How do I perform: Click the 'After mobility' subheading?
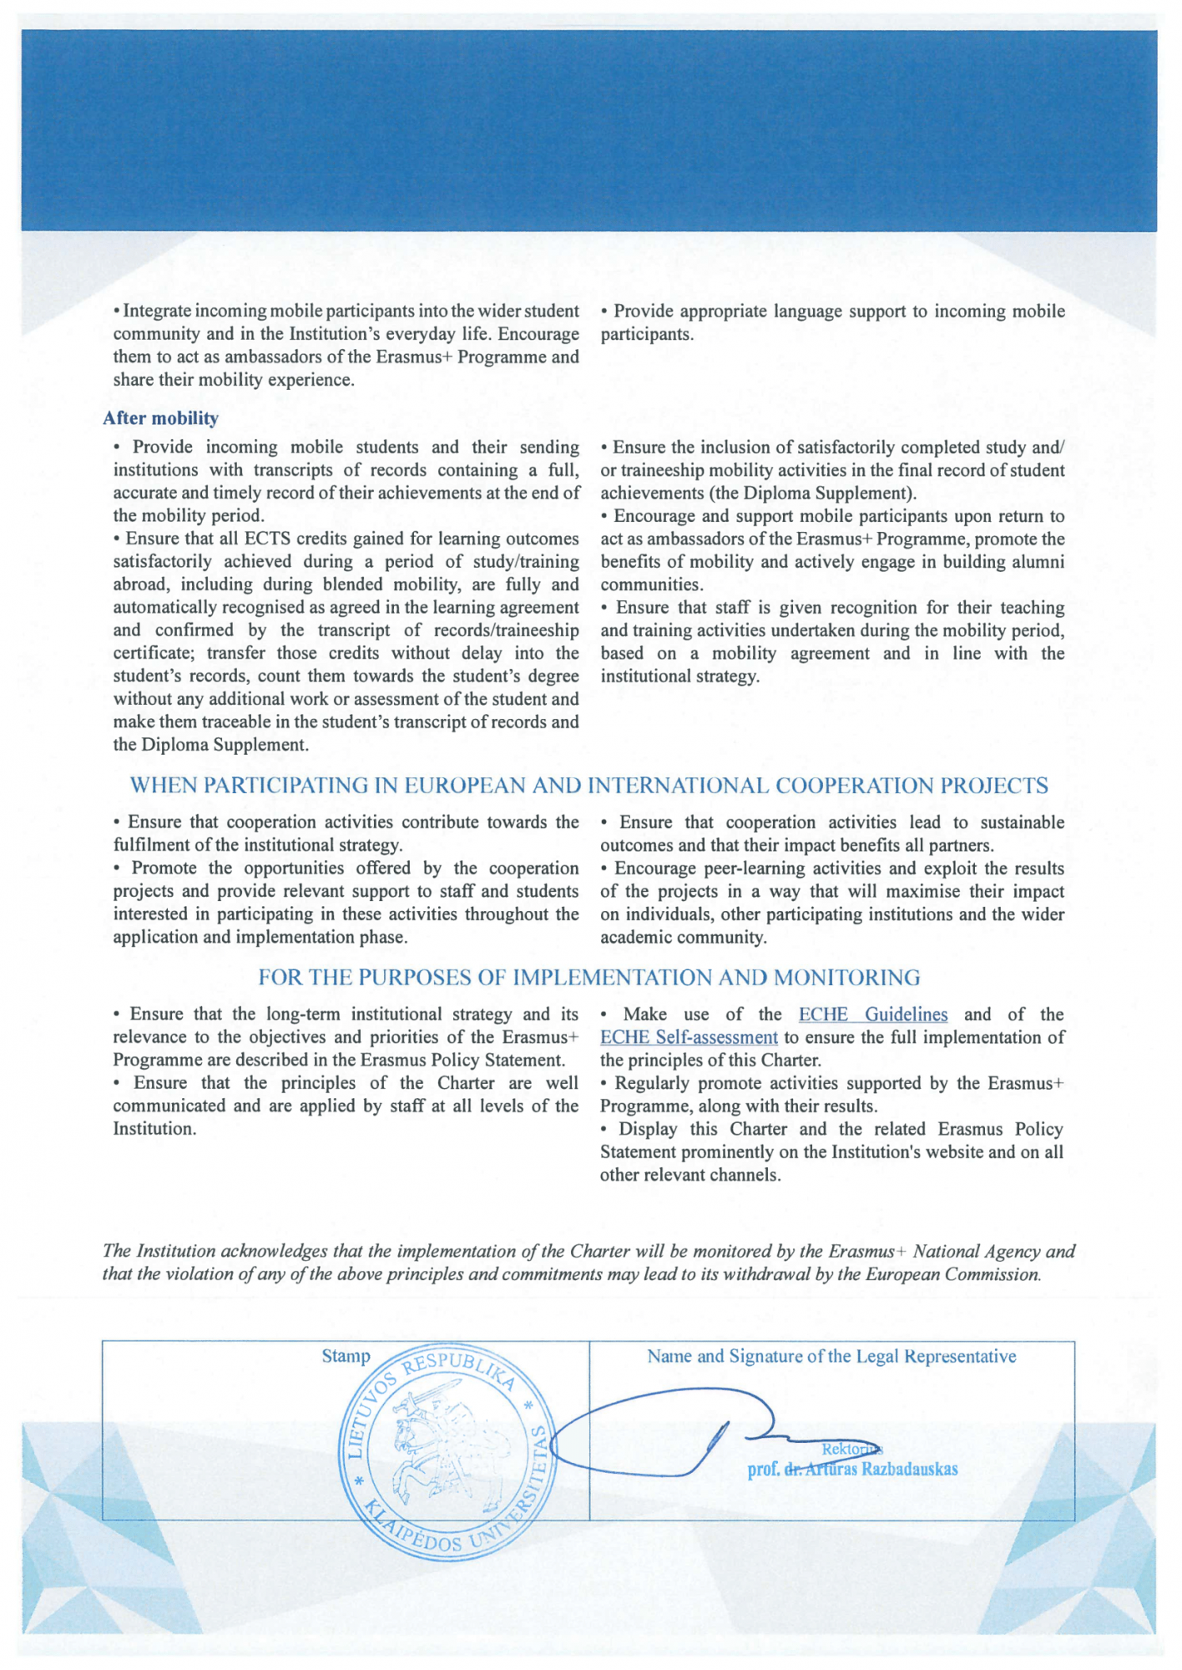click(160, 418)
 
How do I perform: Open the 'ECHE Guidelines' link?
click(872, 1015)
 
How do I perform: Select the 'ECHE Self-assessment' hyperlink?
click(689, 1038)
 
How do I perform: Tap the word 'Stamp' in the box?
click(346, 1356)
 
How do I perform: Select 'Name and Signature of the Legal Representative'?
click(831, 1356)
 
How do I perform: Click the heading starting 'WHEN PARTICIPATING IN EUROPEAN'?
click(589, 786)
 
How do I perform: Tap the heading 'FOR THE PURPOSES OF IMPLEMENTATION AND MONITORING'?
click(589, 978)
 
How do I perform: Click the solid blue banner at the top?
click(589, 129)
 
